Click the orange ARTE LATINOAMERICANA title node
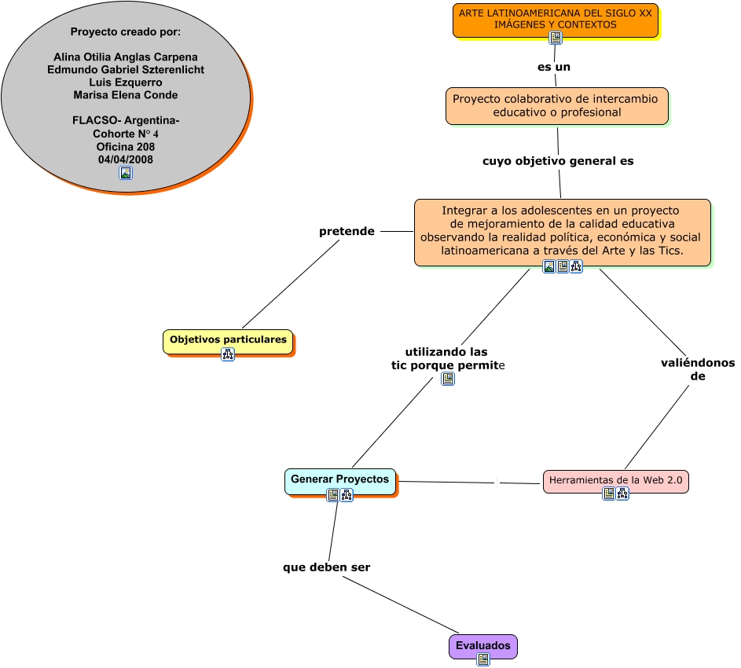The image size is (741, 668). coord(555,19)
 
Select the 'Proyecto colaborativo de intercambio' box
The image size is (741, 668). coord(556,106)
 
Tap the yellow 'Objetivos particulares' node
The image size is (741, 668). coord(228,340)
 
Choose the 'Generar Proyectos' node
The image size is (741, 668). coord(339,479)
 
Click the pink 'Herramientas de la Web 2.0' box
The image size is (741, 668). coord(615,480)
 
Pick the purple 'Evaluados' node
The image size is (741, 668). coord(482,646)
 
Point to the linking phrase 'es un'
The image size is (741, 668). coord(554,68)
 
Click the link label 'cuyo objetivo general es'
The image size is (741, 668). coord(558,161)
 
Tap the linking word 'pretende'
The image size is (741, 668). coord(347,232)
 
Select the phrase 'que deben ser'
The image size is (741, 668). coord(327,567)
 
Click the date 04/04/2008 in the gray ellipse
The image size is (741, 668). coord(126,159)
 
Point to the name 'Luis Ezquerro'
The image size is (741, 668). coord(126,83)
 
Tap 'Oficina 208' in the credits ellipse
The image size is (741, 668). coord(126,146)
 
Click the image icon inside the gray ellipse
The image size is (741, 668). coord(126,173)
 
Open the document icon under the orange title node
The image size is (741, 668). coord(556,38)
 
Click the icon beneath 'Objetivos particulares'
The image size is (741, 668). coord(228,354)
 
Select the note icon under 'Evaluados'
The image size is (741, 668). coord(483,659)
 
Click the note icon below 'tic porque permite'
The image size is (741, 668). coord(448,379)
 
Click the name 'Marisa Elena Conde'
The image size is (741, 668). coord(126,95)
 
